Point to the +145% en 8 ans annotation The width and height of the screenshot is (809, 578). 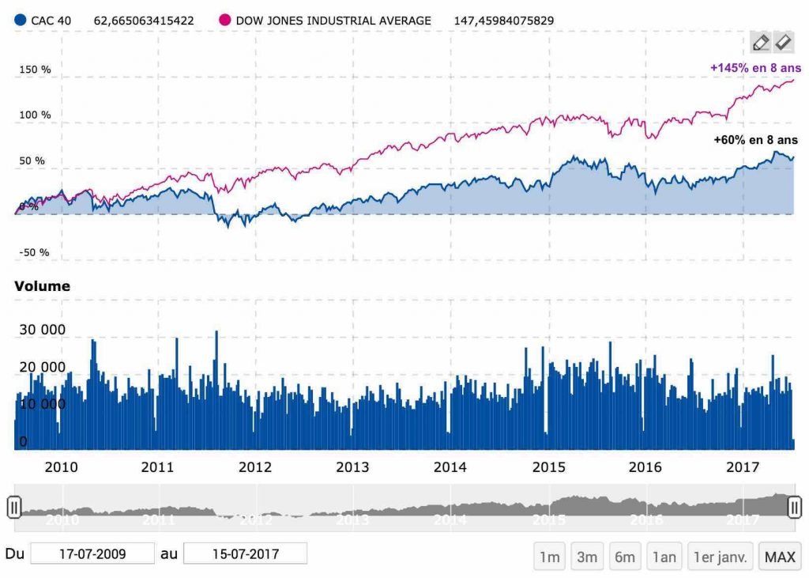click(x=755, y=69)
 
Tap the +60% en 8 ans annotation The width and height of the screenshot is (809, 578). click(x=755, y=140)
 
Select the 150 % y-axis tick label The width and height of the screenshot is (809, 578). click(x=36, y=70)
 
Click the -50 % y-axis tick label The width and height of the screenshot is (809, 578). click(x=35, y=253)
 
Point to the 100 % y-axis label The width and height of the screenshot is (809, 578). click(x=36, y=115)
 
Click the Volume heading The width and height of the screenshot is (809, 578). click(x=42, y=286)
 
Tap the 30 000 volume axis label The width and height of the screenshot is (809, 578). click(x=42, y=330)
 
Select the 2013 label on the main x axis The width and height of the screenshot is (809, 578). click(x=352, y=467)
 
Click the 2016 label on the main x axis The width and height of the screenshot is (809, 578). click(x=645, y=467)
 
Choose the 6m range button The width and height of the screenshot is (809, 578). click(x=625, y=557)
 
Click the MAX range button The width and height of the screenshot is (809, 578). click(x=779, y=557)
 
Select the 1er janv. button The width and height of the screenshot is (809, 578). click(x=721, y=557)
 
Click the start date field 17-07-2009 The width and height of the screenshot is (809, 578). click(x=92, y=553)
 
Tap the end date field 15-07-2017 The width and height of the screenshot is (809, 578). click(x=245, y=553)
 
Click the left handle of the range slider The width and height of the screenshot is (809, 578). click(x=13, y=507)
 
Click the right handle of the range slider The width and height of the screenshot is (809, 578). click(x=795, y=506)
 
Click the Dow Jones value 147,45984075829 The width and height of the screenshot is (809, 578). click(x=514, y=21)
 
